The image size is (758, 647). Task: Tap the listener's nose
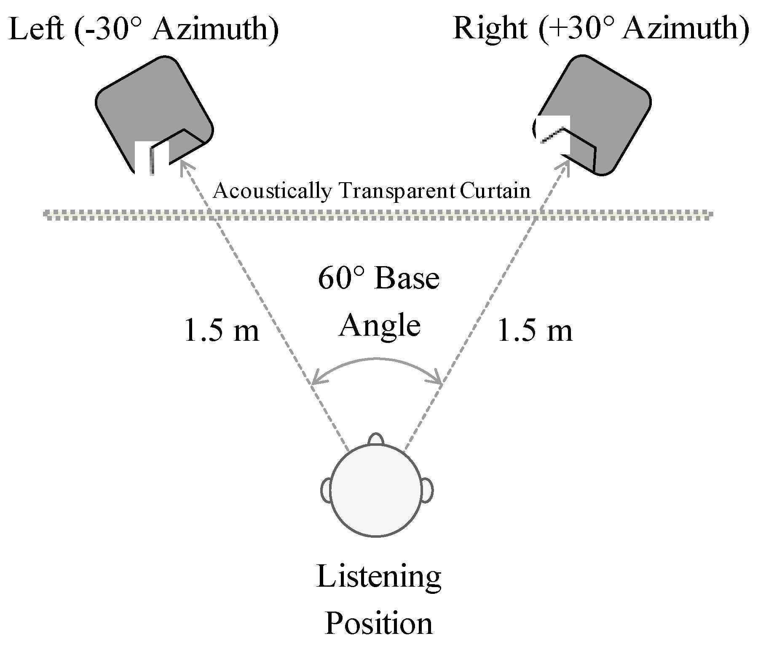375,440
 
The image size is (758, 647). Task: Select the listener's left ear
326,490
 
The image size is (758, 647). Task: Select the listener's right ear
427,490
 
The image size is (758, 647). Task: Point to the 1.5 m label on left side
221,330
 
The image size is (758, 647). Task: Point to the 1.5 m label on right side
535,330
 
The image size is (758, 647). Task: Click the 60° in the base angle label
337,278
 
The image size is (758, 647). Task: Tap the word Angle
380,326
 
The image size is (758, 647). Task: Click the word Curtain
495,191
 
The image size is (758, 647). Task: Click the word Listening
379,578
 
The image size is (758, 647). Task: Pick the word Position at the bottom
379,624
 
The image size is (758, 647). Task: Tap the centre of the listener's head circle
376,491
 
